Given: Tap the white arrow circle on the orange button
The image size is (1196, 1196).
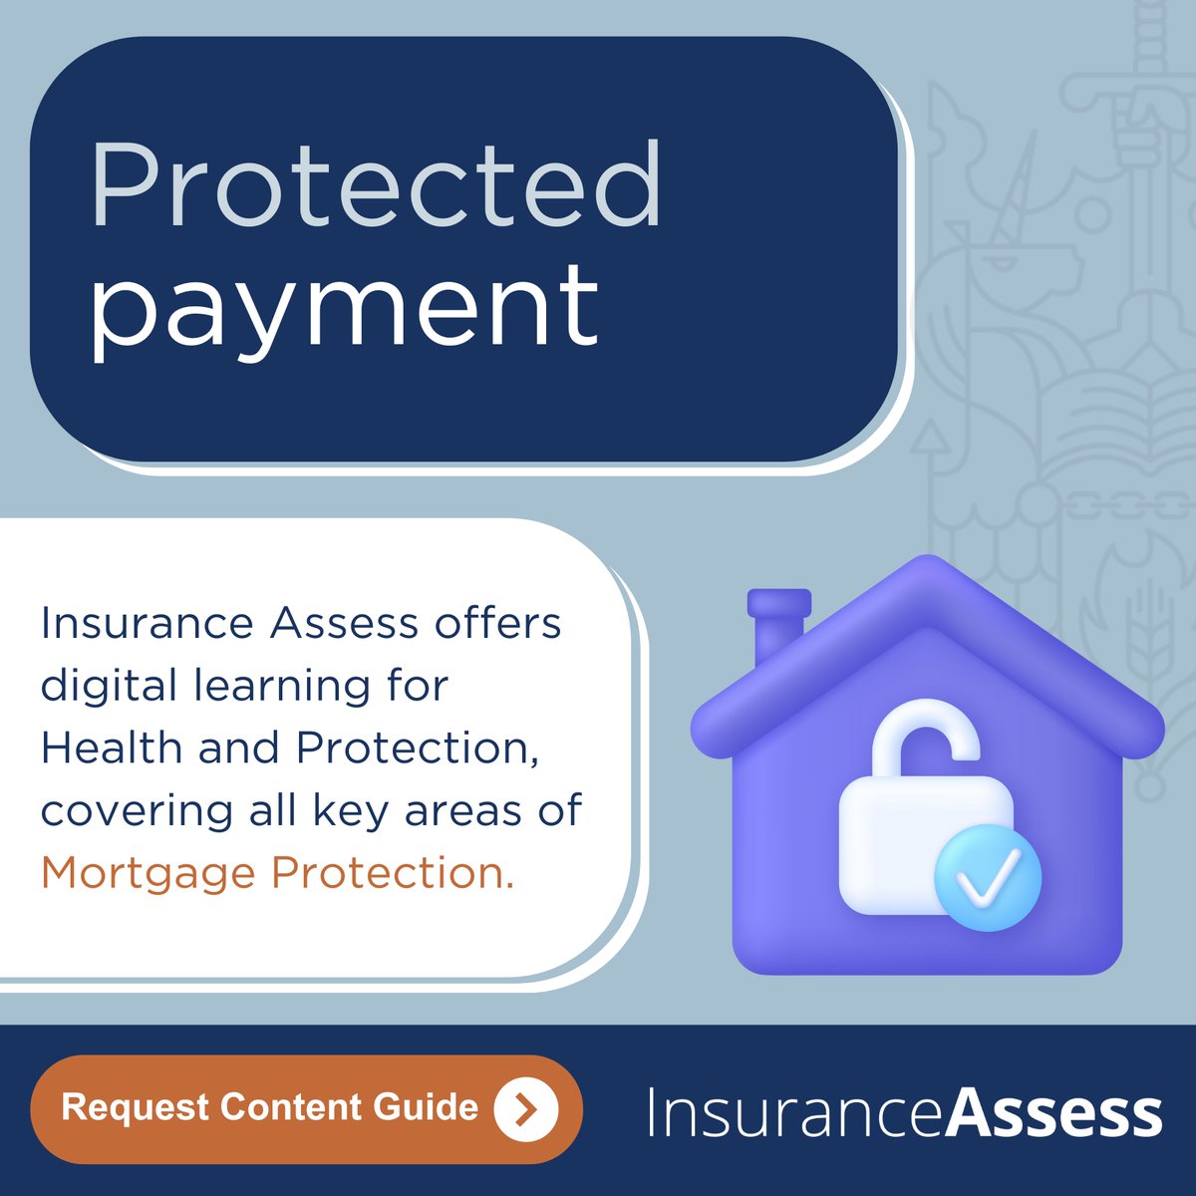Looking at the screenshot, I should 526,1108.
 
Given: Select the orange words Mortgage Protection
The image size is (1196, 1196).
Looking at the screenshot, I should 277,873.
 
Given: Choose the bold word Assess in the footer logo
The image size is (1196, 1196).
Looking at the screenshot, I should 1052,1113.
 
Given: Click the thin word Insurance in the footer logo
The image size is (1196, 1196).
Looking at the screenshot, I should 793,1113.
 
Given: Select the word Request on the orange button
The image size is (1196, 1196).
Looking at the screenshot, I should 135,1107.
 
